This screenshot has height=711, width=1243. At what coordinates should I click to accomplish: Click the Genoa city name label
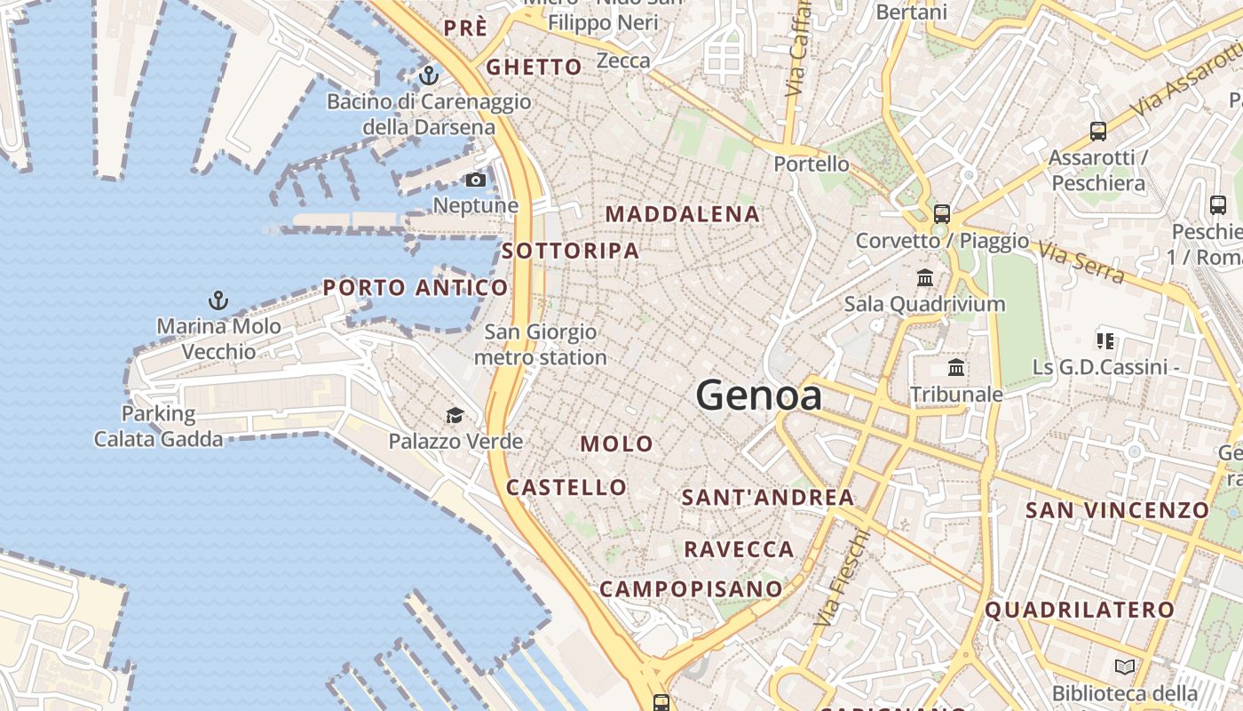pos(759,395)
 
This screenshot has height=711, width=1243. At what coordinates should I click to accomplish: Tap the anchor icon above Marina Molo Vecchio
pos(218,300)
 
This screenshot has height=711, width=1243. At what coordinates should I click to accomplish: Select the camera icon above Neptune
pos(476,180)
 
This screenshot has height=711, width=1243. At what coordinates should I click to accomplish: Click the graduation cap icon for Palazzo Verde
pos(455,415)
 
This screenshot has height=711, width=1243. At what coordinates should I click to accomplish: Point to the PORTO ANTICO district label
pos(416,288)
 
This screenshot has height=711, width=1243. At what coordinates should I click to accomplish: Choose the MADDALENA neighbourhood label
pos(683,214)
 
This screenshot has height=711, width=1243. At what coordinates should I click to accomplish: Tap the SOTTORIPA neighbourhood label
pos(571,252)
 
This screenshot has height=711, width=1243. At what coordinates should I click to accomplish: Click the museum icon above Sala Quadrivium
pos(925,278)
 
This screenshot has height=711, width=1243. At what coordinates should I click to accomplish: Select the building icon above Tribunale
pos(956,367)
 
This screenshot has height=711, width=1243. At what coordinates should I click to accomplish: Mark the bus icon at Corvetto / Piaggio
pos(941,214)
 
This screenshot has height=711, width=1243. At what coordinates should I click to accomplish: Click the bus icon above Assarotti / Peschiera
pos(1098,132)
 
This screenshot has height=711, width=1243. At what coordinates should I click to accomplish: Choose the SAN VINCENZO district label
pos(1118,510)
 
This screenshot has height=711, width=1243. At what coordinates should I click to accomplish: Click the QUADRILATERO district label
pos(1080,611)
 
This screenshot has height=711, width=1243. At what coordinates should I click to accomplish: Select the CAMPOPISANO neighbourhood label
pos(692,589)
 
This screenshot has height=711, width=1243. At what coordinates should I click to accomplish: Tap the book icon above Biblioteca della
pos(1124,667)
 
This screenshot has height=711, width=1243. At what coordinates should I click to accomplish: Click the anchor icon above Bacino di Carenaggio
pos(430,75)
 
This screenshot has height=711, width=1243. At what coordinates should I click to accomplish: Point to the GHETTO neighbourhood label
pos(534,67)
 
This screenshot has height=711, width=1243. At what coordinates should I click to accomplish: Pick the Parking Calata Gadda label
pos(159,426)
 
